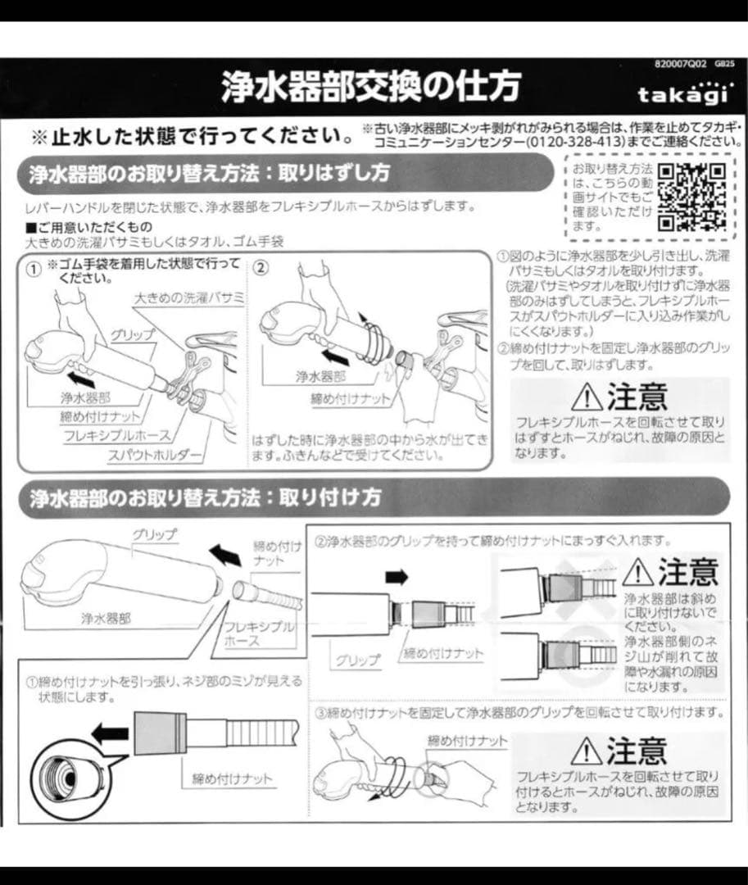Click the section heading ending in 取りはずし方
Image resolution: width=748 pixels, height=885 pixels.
210,175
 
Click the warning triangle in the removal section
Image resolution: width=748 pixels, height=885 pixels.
587,398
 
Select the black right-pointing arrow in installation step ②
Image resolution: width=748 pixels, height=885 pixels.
396,578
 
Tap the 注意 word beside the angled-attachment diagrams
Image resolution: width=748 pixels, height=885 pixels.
687,571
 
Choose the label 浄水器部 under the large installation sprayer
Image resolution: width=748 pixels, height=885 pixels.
105,619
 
